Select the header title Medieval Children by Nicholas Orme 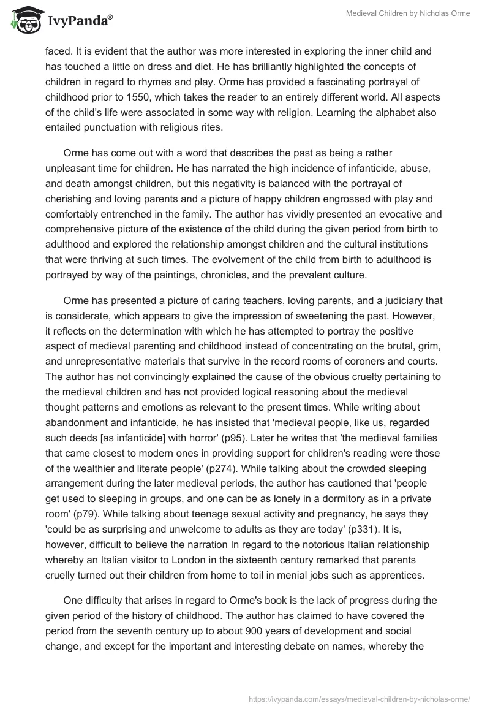pos(408,13)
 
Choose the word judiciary pos(401,300)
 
